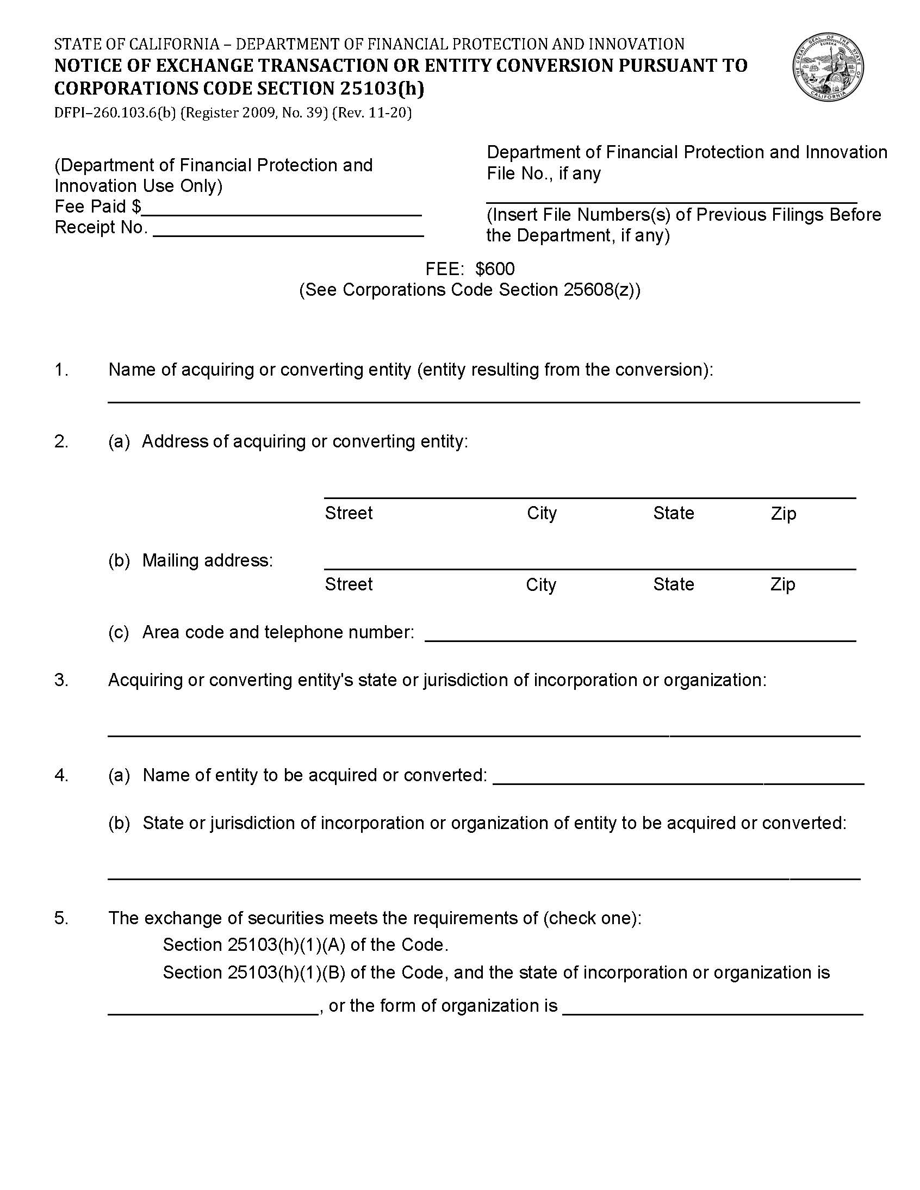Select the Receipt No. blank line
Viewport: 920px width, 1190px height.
pos(291,235)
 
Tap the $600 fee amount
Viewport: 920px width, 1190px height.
pos(494,269)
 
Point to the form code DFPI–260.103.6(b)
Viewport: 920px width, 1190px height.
pos(114,113)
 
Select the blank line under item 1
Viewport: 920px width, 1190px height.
pos(483,401)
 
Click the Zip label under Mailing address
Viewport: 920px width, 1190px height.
pos(782,584)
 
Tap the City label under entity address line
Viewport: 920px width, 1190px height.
pos(541,513)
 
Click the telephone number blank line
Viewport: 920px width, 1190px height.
pos(640,640)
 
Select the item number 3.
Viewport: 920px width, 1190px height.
pos(61,680)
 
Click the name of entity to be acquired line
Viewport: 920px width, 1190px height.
pos(678,782)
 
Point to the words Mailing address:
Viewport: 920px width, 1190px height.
pos(207,560)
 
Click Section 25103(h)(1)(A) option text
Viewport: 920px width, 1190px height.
pos(305,944)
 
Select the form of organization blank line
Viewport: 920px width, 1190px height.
pos(712,1014)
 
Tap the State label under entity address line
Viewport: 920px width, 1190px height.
pos(673,513)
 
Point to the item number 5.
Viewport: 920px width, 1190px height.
pos(61,918)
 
